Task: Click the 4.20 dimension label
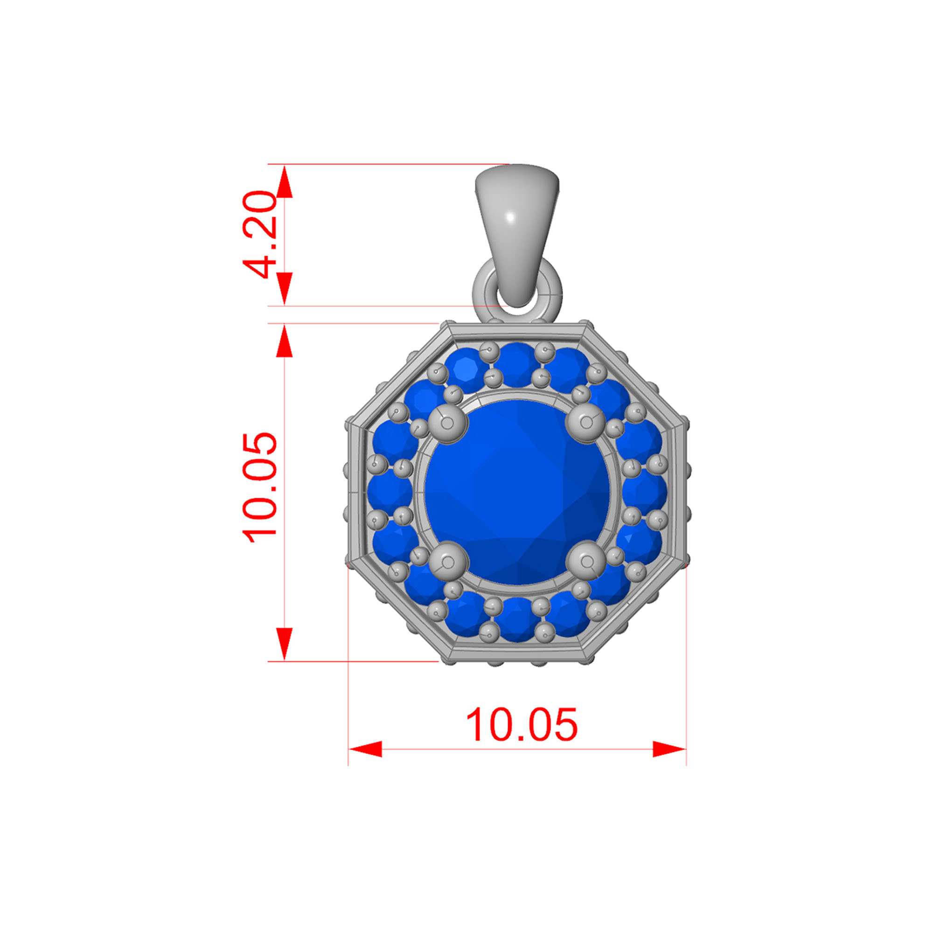click(259, 235)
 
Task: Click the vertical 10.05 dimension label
click(259, 488)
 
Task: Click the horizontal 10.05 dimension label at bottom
click(521, 724)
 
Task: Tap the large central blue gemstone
click(517, 493)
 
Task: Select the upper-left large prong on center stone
click(448, 424)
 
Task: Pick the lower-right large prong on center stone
click(586, 562)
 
